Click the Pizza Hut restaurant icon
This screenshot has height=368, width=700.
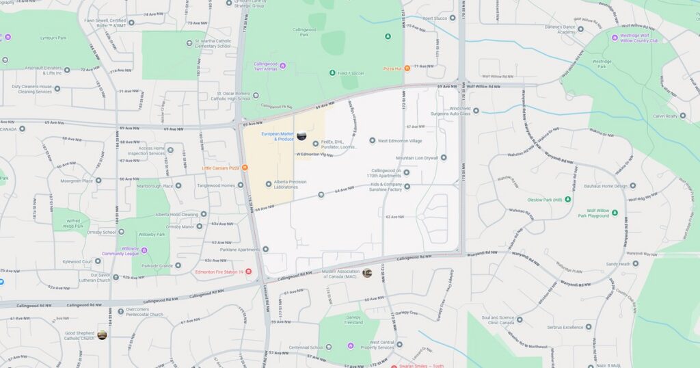(407, 68)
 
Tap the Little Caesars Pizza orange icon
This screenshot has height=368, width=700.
(245, 168)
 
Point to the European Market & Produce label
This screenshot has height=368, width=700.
(277, 136)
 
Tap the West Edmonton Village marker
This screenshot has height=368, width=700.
(373, 141)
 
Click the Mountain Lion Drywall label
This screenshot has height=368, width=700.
(417, 158)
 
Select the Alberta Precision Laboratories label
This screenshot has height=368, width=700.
(290, 183)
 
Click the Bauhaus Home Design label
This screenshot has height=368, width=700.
(605, 185)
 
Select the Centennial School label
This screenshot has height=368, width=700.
(306, 347)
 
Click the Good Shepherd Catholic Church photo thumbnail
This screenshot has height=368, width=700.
(102, 335)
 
